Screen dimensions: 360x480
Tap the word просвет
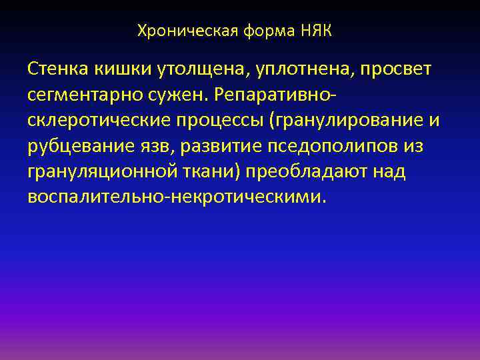pos(393,69)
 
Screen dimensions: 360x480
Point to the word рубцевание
pos(83,146)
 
